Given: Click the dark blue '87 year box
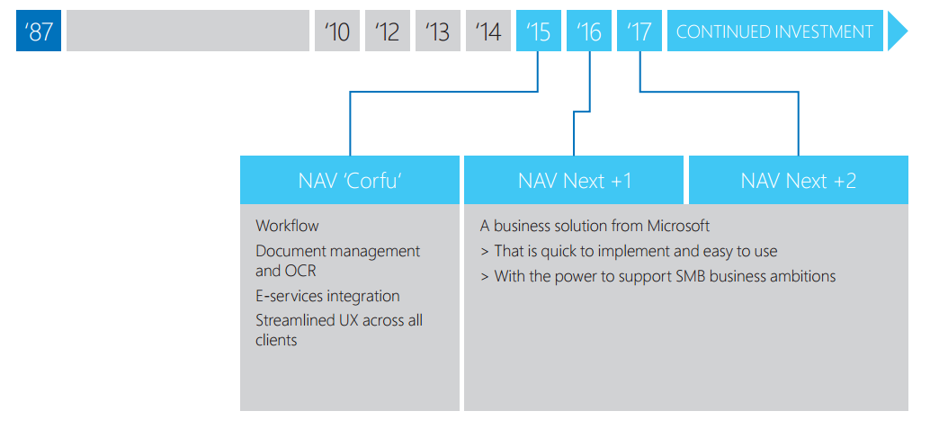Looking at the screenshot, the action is (x=39, y=31).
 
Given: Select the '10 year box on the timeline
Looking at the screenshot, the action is (x=337, y=31).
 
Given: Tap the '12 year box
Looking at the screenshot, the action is (x=388, y=31).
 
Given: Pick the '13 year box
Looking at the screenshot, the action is (x=438, y=31).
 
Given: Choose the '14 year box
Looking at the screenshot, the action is (x=488, y=31).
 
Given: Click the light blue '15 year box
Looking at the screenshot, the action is (x=539, y=31).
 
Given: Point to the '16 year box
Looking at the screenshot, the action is (x=588, y=31).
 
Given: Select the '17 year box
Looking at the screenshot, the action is (x=639, y=31).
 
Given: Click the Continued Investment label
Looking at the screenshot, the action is (x=775, y=31).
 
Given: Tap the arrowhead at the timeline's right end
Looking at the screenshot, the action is (x=897, y=31).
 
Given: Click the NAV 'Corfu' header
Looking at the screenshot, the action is (x=350, y=181).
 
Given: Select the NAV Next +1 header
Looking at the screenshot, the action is (x=574, y=181).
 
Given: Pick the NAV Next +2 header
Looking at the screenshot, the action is (x=799, y=181).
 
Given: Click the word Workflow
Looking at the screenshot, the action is (x=288, y=226).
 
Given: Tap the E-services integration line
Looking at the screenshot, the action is (x=327, y=296).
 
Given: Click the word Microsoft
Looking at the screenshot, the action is (x=678, y=226).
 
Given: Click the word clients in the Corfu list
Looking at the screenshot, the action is (x=276, y=340).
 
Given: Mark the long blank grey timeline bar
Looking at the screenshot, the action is (x=188, y=31).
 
